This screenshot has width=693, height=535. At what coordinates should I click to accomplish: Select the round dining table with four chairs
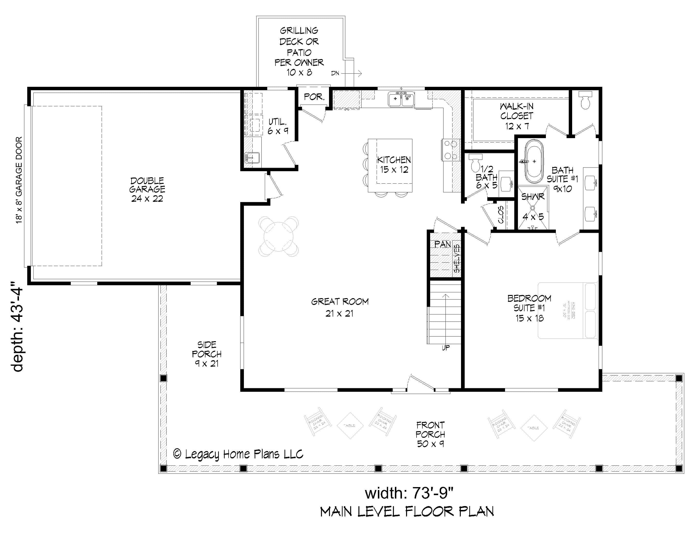tap(279, 237)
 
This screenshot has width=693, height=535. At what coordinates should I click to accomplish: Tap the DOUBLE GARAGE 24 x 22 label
tap(147, 189)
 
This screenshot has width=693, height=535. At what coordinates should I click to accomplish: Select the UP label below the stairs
tap(445, 348)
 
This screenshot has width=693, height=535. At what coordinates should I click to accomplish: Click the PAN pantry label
tap(442, 244)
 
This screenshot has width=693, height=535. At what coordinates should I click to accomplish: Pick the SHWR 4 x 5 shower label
tap(533, 206)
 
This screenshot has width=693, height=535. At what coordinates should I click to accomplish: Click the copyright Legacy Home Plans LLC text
tap(238, 454)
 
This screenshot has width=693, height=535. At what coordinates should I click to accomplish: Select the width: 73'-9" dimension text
tap(409, 493)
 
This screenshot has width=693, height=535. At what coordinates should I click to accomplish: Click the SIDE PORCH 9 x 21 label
tap(207, 354)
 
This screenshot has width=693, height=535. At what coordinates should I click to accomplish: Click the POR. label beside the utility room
tap(314, 97)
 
